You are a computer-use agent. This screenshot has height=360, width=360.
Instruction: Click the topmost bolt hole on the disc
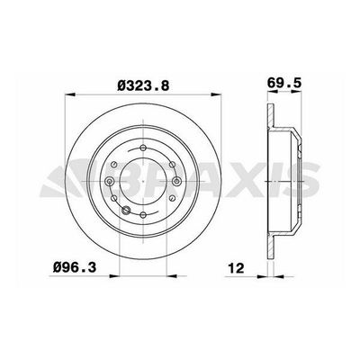(x=142, y=147)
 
